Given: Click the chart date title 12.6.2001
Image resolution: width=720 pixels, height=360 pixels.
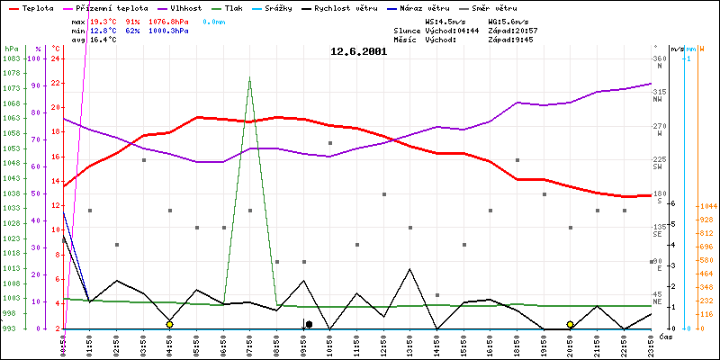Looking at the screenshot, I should (358, 51).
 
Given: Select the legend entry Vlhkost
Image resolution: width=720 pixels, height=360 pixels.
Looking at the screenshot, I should (185, 7).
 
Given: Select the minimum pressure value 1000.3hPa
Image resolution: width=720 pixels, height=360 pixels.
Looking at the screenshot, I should (173, 30).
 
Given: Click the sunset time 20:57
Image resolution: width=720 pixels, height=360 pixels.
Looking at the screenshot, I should (525, 30).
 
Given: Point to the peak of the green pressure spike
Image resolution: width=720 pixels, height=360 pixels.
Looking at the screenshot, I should (249, 77).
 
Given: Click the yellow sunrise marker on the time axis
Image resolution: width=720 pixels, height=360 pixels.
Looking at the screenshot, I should (169, 324).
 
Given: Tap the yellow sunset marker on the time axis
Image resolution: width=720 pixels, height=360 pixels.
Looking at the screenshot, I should (570, 324).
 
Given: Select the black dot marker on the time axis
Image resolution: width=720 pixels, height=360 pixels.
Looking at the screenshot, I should (309, 324).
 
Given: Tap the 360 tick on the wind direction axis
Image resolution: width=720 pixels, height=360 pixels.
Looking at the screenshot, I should (660, 58).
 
